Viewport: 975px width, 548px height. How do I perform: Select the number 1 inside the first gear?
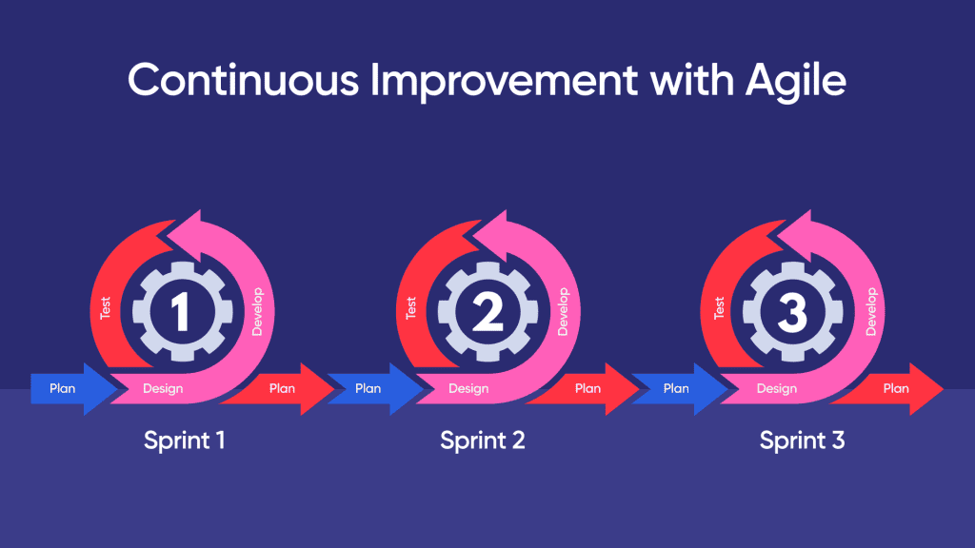[x=181, y=313]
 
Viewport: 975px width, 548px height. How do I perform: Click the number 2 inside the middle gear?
[x=487, y=313]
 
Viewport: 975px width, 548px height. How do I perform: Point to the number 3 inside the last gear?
[x=792, y=313]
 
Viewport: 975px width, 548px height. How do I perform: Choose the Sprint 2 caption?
[x=482, y=440]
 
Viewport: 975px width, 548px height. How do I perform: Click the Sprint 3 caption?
[x=802, y=440]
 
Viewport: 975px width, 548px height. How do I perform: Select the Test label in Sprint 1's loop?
[x=106, y=308]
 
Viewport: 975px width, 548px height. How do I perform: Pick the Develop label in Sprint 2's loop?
[x=563, y=312]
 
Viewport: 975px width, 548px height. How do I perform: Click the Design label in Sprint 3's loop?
[x=776, y=388]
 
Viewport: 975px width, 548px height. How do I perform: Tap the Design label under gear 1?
[x=163, y=388]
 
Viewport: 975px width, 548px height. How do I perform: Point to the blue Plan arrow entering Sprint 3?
[x=677, y=388]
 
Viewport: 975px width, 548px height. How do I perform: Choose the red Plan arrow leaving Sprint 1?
[x=284, y=388]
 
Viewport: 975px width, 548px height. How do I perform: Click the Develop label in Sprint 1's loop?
[x=257, y=312]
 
